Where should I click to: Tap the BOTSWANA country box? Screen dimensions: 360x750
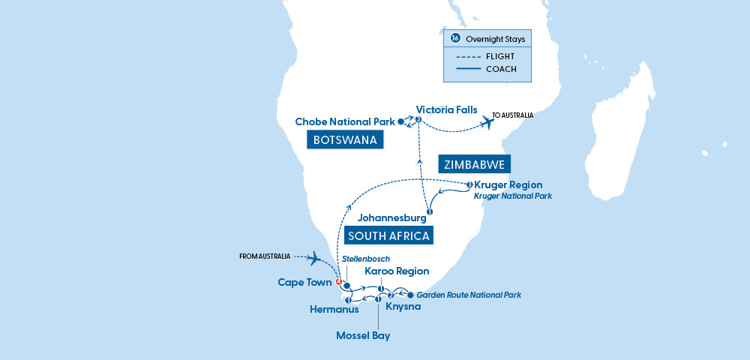(344, 140)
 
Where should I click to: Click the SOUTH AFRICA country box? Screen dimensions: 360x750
(388, 236)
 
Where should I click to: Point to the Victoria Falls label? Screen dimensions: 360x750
(446, 109)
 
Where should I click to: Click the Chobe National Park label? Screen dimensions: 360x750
(344, 121)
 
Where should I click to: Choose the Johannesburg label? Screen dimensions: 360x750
(392, 219)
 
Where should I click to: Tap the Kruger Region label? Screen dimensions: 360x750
(508, 184)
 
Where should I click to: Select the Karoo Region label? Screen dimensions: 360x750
(397, 271)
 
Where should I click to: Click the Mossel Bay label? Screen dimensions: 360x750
(364, 335)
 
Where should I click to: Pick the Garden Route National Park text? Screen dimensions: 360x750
(469, 295)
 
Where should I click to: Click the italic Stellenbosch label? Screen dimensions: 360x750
(365, 259)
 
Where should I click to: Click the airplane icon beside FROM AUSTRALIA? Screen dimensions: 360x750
(315, 259)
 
